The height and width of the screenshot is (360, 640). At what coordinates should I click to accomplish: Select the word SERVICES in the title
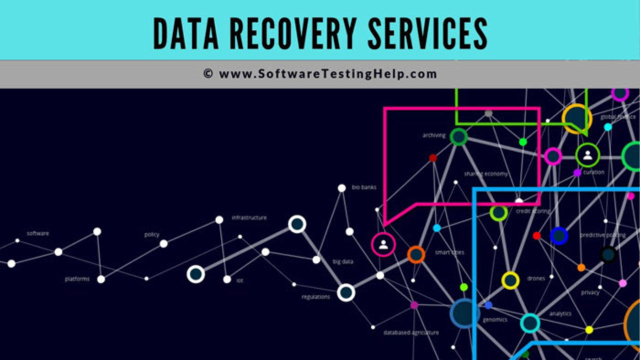427,33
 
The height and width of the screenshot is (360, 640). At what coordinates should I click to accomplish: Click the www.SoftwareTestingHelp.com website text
328,74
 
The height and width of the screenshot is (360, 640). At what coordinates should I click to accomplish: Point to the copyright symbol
208,74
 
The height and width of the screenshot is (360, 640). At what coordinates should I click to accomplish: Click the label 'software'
38,233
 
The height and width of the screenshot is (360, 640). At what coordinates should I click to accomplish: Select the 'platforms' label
77,279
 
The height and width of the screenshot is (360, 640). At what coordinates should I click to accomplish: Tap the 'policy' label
151,234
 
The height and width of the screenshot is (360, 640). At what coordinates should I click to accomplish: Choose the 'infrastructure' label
249,217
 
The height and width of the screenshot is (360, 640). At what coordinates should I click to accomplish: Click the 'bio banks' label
364,187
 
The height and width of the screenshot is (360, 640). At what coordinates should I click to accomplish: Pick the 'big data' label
343,261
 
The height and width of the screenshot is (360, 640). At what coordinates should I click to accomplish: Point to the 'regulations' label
315,297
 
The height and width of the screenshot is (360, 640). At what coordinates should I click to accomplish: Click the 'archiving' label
434,135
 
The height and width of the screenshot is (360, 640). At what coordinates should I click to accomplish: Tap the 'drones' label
536,278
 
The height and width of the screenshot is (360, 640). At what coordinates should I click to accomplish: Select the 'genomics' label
495,319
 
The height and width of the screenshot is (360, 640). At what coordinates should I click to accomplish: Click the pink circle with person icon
383,244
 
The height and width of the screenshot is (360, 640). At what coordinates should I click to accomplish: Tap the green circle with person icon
587,155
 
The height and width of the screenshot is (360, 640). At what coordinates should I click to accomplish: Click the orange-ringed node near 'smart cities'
416,254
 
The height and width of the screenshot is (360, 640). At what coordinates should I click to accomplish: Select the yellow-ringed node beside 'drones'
510,280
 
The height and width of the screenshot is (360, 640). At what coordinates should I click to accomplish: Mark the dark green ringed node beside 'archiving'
458,136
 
